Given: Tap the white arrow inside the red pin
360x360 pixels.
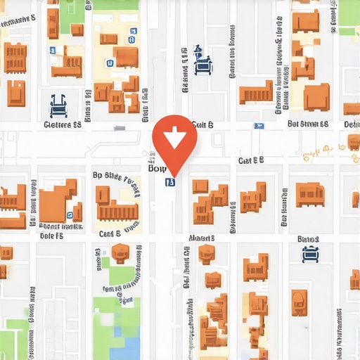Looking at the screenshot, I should coord(174,134).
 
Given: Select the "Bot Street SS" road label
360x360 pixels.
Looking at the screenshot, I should coord(308,124).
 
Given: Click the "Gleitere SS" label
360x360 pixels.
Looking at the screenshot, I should coord(63,125).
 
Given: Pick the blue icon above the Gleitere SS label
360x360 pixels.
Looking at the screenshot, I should coord(58,105).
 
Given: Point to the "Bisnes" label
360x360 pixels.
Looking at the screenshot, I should coord(308,240).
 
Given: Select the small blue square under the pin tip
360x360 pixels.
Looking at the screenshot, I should coord(169,182).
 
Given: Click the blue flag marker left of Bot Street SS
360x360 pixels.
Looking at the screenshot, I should coord(259,127).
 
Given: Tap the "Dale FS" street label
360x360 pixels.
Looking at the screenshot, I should coord(51,237).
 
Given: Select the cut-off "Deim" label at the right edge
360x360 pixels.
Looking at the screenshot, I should coord(352,124).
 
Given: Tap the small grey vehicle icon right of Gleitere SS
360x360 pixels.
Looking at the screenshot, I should coord(120,128).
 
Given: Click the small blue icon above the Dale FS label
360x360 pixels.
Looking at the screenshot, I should coord(69,216).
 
